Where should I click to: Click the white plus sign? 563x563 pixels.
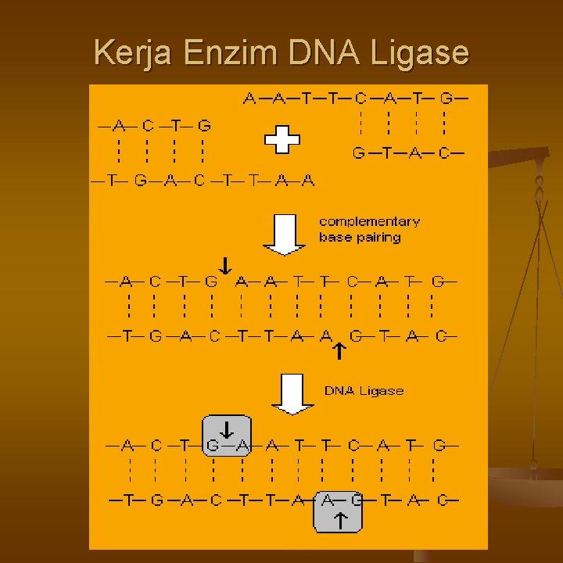281,142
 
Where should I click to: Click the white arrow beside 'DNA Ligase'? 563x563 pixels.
291,394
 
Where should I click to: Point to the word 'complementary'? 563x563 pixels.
369,222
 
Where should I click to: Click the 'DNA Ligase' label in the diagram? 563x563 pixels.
364,390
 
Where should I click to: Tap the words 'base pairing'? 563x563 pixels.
359,237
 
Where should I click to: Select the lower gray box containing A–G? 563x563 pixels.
339,512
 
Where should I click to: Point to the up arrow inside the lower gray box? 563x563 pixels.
340,520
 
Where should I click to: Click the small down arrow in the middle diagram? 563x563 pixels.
224,266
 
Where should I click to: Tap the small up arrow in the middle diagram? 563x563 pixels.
338,351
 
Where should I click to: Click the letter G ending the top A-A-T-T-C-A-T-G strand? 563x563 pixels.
446,99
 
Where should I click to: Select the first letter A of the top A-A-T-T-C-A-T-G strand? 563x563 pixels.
249,99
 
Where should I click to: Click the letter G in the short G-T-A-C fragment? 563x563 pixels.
358,153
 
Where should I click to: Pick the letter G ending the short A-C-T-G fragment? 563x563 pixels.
204,125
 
